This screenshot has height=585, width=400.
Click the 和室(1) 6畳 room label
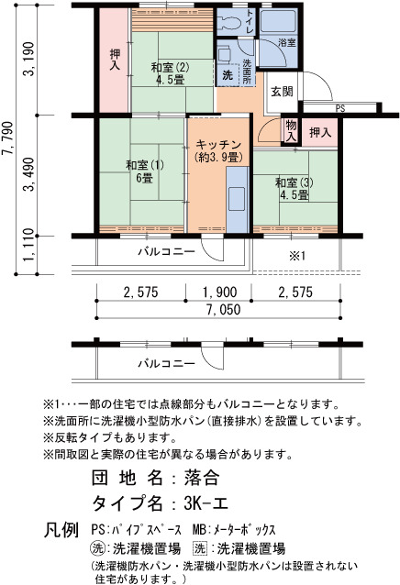145,171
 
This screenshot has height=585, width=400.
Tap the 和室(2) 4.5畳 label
170,73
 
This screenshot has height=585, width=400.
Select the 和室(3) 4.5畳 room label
294,189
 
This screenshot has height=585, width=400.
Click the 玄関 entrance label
282,92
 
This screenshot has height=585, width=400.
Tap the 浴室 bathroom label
287,42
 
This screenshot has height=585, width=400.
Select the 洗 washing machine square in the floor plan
228,75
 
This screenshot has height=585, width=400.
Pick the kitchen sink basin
237,199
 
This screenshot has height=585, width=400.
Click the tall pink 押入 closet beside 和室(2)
115,61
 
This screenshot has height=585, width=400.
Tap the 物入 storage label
291,131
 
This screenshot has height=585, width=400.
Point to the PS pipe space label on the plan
340,108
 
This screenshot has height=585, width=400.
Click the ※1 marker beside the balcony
297,256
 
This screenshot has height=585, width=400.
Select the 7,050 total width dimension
223,310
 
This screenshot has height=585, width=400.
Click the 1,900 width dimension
220,292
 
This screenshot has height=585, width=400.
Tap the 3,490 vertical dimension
29,174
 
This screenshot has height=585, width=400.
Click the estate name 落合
202,478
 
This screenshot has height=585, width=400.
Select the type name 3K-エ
206,503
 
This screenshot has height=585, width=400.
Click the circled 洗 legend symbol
97,548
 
